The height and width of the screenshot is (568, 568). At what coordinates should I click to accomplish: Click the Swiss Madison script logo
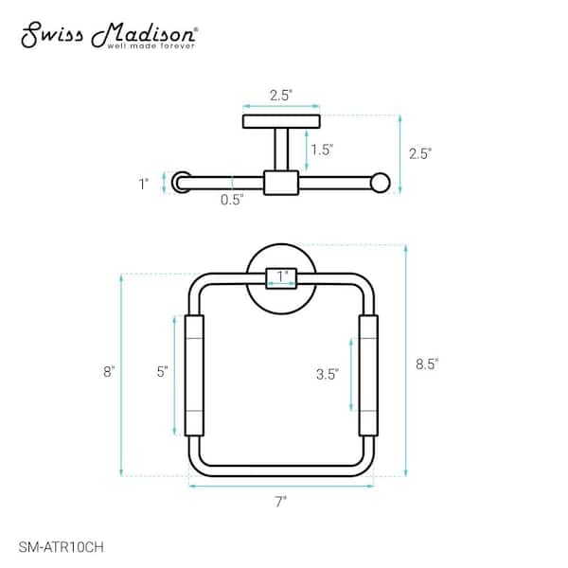(x=109, y=35)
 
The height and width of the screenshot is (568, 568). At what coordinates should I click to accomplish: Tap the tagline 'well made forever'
(x=151, y=46)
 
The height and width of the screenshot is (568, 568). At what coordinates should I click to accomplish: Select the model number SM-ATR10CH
(x=62, y=546)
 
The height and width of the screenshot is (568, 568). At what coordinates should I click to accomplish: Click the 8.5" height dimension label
(x=427, y=364)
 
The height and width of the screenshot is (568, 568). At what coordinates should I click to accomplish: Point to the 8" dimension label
(x=109, y=372)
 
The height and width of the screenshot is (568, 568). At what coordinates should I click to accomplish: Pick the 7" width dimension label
(x=281, y=502)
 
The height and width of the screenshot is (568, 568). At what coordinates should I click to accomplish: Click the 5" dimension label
(x=162, y=372)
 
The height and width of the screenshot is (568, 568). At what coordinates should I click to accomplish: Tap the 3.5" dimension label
(x=328, y=374)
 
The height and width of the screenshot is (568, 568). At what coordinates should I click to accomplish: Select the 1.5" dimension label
(x=322, y=150)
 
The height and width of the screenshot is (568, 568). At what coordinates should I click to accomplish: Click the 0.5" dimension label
(x=232, y=199)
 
